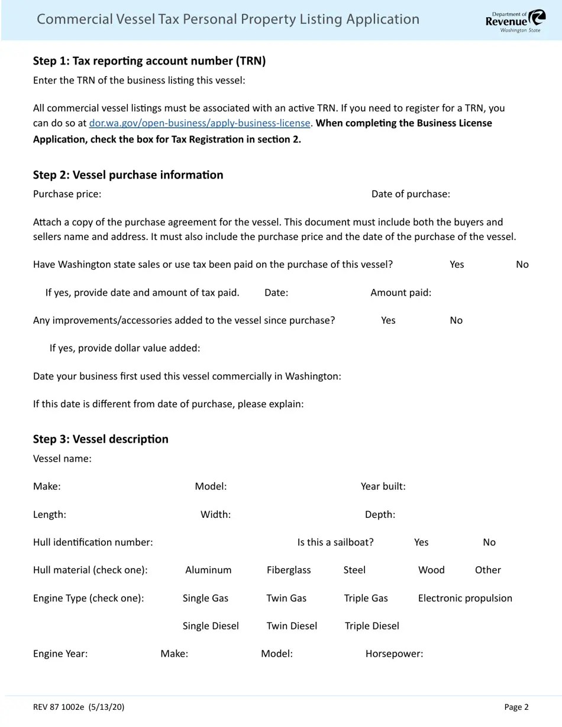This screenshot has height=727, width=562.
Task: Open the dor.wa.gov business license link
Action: click(x=199, y=123)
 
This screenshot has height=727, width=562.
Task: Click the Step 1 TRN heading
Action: click(x=149, y=61)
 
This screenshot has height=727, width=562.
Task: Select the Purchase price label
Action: click(x=67, y=194)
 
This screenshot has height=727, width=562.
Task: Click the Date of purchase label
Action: click(x=411, y=194)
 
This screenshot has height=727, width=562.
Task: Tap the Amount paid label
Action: click(x=400, y=293)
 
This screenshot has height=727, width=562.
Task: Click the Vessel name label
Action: click(x=62, y=459)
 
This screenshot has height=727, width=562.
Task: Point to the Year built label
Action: click(x=383, y=486)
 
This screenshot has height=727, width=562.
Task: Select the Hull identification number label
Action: click(x=93, y=542)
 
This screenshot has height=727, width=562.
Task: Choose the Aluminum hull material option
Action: click(x=208, y=570)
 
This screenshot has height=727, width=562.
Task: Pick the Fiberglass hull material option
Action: click(x=288, y=570)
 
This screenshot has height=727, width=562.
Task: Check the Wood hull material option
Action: click(x=431, y=570)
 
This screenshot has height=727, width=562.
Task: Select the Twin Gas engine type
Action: click(x=286, y=598)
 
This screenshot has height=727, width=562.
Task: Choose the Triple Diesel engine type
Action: click(x=372, y=626)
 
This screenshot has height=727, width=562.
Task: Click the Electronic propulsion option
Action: click(x=465, y=598)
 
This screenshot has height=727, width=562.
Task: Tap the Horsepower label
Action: click(x=394, y=654)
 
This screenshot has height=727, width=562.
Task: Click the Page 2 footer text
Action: click(x=516, y=707)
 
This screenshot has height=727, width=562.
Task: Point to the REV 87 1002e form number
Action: click(x=79, y=707)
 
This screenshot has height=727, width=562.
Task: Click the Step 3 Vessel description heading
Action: click(x=101, y=439)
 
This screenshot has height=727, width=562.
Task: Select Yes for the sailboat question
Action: click(x=421, y=542)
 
